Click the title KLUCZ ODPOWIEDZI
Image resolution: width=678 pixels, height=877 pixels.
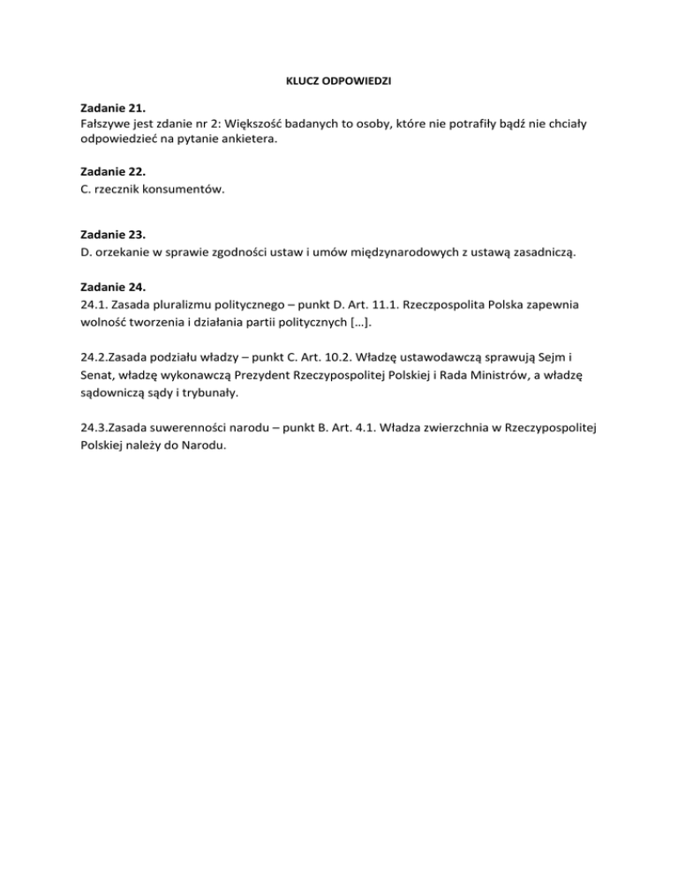tap(338, 81)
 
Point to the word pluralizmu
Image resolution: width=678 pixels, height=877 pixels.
tap(177, 304)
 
